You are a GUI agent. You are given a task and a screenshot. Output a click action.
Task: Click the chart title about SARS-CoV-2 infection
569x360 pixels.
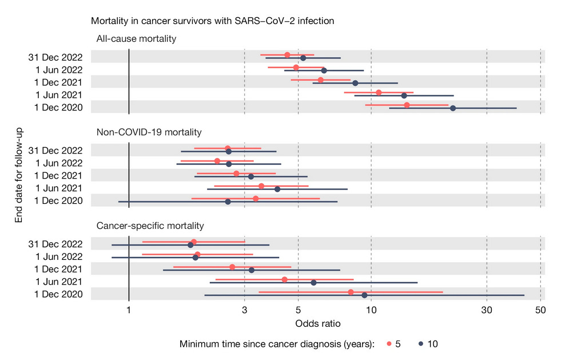point(212,21)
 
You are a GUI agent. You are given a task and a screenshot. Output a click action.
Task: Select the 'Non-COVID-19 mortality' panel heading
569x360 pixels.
point(149,132)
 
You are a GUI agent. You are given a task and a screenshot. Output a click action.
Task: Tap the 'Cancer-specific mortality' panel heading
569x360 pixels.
point(150,226)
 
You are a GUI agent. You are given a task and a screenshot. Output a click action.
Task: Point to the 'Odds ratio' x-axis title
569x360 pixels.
point(318,324)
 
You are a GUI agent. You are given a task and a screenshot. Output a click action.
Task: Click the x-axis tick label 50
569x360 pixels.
point(540,310)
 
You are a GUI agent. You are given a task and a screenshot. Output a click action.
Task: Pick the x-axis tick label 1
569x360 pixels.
point(129,310)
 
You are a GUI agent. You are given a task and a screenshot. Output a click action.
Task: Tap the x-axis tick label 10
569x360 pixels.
point(371,310)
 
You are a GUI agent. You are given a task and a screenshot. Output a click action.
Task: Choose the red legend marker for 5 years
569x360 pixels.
point(389,344)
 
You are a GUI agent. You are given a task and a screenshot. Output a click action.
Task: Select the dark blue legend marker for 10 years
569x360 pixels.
point(420,344)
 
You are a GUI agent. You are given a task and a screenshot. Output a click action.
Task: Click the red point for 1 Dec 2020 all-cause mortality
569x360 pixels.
point(407,105)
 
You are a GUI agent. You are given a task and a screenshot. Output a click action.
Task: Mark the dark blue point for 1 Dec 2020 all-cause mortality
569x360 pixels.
point(453,108)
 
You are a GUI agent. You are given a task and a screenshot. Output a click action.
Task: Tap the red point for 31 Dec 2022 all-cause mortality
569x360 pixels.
point(287,55)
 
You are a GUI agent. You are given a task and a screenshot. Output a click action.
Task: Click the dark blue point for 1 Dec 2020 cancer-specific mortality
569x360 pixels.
point(364,295)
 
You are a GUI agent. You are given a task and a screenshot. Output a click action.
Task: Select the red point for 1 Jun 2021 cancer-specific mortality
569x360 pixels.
point(284,279)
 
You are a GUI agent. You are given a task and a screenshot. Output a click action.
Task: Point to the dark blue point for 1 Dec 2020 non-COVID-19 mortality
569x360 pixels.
point(228,201)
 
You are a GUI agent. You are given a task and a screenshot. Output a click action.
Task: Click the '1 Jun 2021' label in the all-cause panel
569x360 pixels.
point(59,95)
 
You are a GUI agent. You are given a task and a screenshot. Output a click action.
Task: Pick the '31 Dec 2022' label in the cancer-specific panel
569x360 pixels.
point(55,244)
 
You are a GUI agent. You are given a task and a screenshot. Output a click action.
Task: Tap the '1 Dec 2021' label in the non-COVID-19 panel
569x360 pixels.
point(59,176)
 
